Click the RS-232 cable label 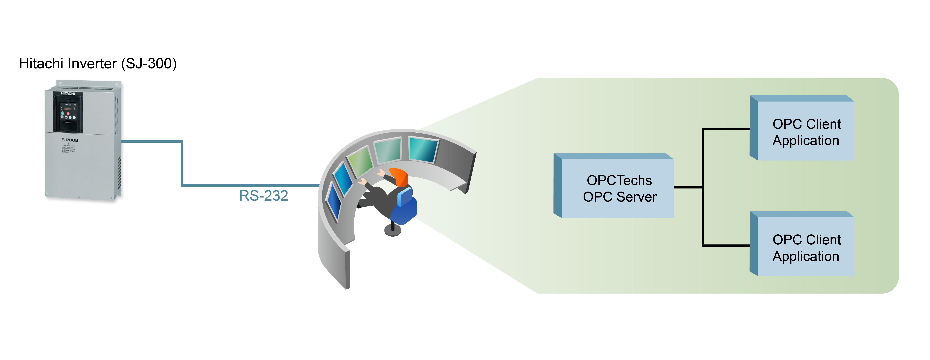(x=263, y=196)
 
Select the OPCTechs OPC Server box (x=617, y=188)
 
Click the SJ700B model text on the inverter (x=70, y=140)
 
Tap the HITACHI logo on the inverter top (x=68, y=93)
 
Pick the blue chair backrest (x=405, y=197)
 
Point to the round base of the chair (x=393, y=230)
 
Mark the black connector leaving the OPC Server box (x=688, y=187)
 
